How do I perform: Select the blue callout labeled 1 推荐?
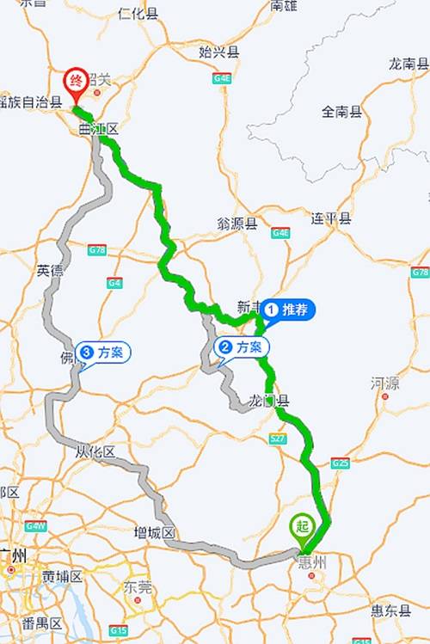click(x=287, y=309)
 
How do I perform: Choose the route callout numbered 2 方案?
click(x=241, y=347)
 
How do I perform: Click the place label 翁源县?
click(x=237, y=224)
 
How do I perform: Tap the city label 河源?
click(x=385, y=383)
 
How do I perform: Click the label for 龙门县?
click(x=268, y=401)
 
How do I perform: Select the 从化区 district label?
click(x=95, y=451)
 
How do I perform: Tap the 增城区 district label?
click(x=155, y=532)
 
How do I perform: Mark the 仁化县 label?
click(x=138, y=14)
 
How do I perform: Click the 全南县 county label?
click(x=342, y=112)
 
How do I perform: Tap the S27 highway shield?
click(x=277, y=439)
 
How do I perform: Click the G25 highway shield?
click(x=341, y=463)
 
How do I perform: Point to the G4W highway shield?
click(x=35, y=525)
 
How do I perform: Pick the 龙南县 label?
click(x=408, y=64)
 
